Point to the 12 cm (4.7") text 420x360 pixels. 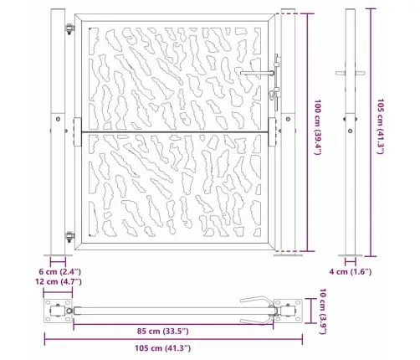click(60, 283)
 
